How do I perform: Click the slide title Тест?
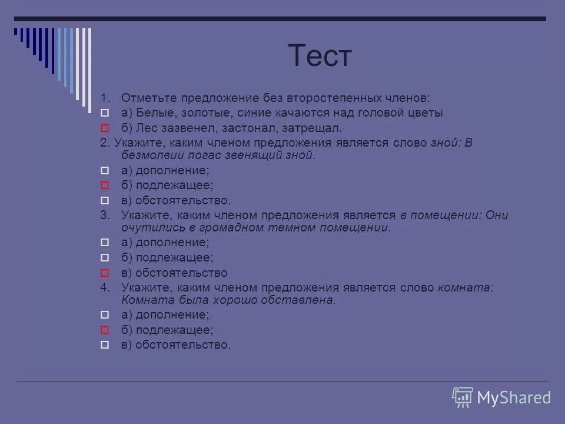tap(320, 57)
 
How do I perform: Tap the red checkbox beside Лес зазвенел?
tap(104, 127)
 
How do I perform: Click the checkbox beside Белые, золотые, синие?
tap(104, 112)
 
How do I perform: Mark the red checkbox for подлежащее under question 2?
tap(104, 185)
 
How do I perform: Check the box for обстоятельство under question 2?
tap(104, 200)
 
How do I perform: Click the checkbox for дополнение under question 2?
tap(104, 170)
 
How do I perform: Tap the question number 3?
tap(104, 215)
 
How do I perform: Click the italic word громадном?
tap(223, 227)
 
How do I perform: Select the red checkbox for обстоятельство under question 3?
tap(104, 273)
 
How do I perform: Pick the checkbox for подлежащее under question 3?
tap(104, 257)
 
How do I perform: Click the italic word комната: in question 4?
tap(466, 287)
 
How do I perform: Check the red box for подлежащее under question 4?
tap(104, 330)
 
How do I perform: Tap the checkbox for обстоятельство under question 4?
tap(104, 344)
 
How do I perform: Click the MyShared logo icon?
tap(463, 397)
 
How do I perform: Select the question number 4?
tap(104, 287)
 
